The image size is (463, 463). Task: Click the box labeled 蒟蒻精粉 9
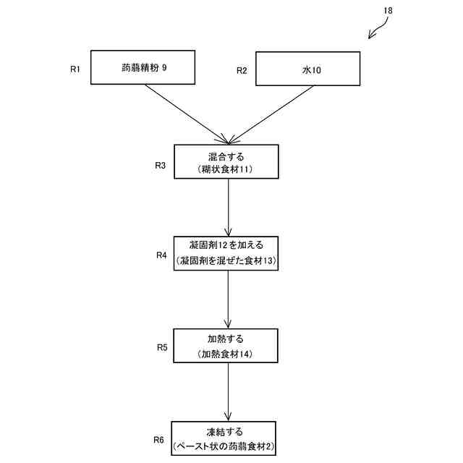pyautogui.click(x=143, y=68)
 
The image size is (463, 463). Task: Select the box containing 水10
pyautogui.click(x=309, y=70)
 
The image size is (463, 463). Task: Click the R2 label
pyautogui.click(x=242, y=71)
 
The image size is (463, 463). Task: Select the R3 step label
pyautogui.click(x=161, y=166)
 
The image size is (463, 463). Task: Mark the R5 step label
pyautogui.click(x=162, y=348)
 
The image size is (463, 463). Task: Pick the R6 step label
pyautogui.click(x=158, y=440)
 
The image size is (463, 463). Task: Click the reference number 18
pyautogui.click(x=388, y=11)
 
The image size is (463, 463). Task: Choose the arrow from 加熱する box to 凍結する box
pyautogui.click(x=229, y=392)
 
